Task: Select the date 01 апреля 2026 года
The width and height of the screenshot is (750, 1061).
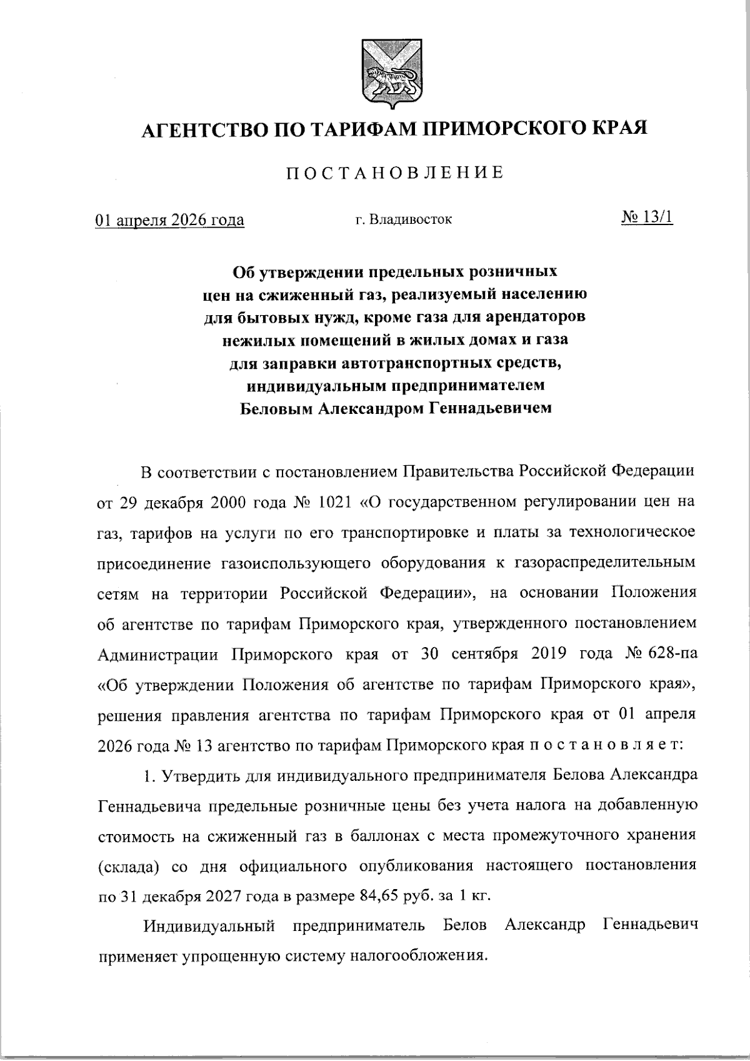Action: [169, 220]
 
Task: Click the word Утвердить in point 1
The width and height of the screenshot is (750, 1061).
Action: [200, 776]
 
